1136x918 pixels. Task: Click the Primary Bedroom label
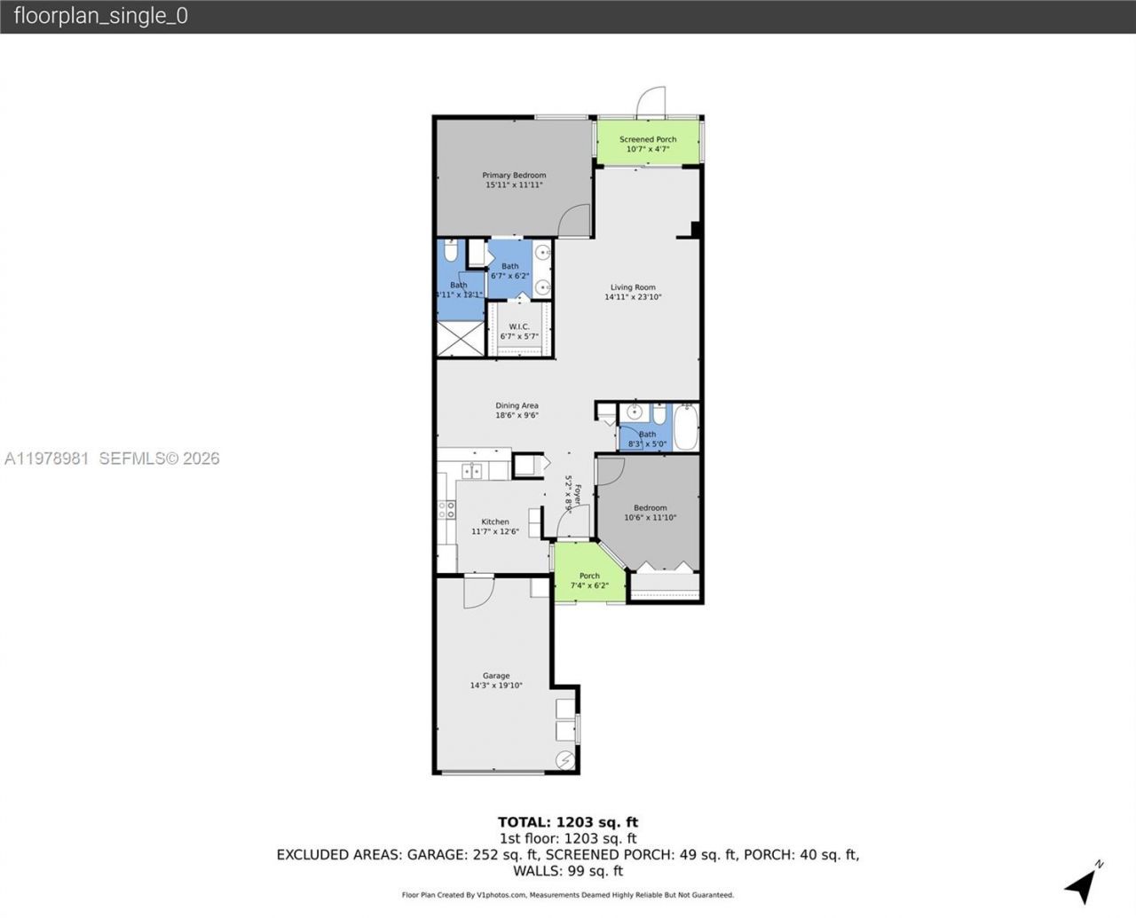pyautogui.click(x=514, y=176)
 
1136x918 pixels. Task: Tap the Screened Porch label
pyautogui.click(x=648, y=139)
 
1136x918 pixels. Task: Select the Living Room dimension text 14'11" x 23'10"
pyautogui.click(x=633, y=297)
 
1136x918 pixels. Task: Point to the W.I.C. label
pyautogui.click(x=519, y=326)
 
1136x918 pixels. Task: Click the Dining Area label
pyautogui.click(x=517, y=405)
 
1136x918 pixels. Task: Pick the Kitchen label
pyautogui.click(x=495, y=522)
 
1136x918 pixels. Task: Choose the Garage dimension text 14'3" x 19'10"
pyautogui.click(x=496, y=686)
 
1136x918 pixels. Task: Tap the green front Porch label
pyautogui.click(x=589, y=576)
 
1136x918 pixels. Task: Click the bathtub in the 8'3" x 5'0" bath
pyautogui.click(x=686, y=428)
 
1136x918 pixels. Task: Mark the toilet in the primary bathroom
pyautogui.click(x=451, y=253)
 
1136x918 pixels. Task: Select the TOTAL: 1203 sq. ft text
pyautogui.click(x=568, y=822)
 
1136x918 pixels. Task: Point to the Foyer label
pyautogui.click(x=578, y=494)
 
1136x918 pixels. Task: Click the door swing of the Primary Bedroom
pyautogui.click(x=575, y=220)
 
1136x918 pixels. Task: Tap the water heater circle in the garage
pyautogui.click(x=565, y=760)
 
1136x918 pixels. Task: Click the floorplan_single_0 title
pyautogui.click(x=101, y=16)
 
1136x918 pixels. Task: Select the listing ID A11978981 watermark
pyautogui.click(x=47, y=459)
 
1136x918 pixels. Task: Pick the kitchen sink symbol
pyautogui.click(x=472, y=471)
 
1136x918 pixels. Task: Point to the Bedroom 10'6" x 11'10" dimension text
pyautogui.click(x=651, y=518)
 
